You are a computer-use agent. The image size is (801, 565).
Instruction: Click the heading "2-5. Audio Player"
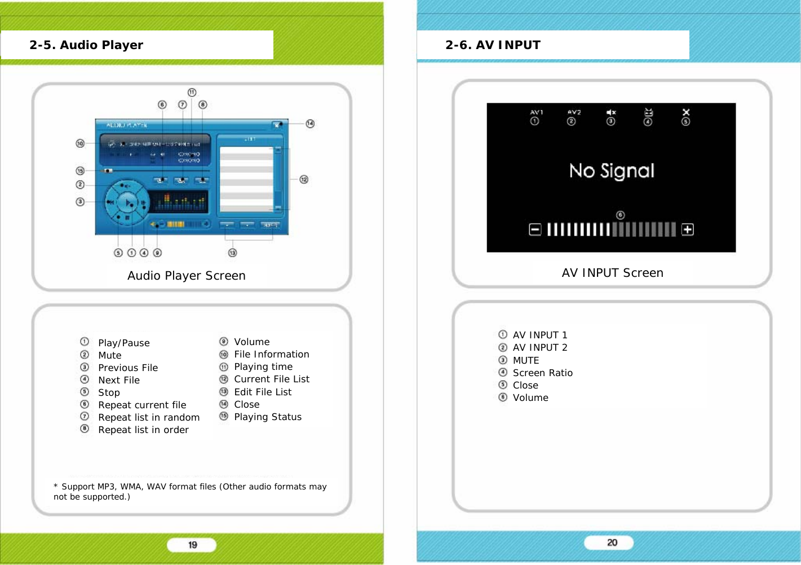click(86, 45)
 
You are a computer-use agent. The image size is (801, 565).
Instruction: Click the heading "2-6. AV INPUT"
click(493, 45)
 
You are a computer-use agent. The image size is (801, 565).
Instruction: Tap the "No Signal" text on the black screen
click(612, 170)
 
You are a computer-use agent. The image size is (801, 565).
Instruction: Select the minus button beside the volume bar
click(535, 229)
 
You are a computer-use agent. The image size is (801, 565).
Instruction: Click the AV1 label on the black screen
click(536, 112)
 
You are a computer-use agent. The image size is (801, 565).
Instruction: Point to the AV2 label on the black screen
click(574, 112)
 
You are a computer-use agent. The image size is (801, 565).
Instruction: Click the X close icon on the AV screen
click(685, 112)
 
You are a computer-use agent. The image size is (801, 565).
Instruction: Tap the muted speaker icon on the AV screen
click(611, 112)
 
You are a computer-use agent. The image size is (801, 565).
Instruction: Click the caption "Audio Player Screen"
click(186, 276)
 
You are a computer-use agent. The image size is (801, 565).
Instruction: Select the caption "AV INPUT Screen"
click(612, 273)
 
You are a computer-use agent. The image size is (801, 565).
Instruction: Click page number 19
click(192, 545)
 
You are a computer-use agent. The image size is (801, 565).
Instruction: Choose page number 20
click(612, 542)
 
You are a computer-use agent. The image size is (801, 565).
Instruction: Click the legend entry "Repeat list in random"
click(149, 417)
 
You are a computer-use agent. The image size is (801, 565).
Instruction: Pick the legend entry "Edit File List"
click(263, 392)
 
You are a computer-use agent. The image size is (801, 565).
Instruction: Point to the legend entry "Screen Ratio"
click(542, 373)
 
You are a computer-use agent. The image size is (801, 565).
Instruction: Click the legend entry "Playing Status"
click(268, 417)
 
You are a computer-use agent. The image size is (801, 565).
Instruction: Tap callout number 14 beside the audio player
click(310, 123)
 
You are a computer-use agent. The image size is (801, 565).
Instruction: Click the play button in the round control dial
click(129, 202)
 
